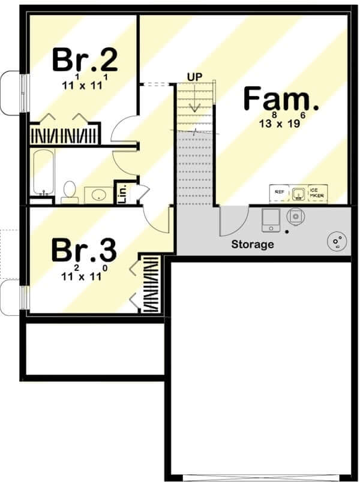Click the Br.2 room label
tap(85, 60)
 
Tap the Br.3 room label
tap(84, 251)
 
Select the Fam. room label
tap(281, 99)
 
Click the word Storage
tap(253, 245)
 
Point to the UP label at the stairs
tap(195, 77)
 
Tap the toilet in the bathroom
tap(70, 192)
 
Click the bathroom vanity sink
tap(98, 195)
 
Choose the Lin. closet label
tap(122, 194)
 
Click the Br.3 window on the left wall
tap(24, 297)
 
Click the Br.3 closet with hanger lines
tap(150, 284)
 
